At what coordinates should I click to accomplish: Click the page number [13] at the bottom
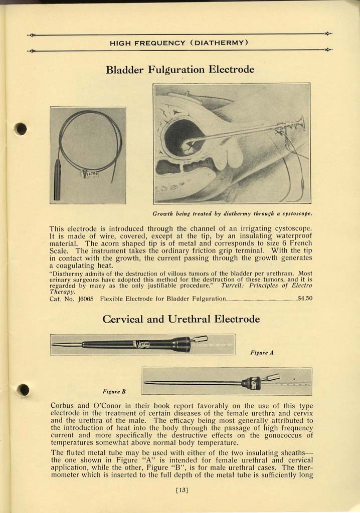click(x=182, y=490)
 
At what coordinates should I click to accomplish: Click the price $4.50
click(x=305, y=298)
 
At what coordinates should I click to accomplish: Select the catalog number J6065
click(x=84, y=298)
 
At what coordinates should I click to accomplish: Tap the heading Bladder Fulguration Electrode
click(x=180, y=69)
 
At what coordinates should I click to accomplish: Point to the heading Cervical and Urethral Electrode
click(x=181, y=319)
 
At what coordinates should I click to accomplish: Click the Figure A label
click(x=261, y=353)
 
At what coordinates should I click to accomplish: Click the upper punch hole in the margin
click(x=21, y=129)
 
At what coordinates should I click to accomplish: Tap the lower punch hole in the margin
click(x=23, y=389)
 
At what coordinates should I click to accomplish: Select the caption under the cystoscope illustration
click(x=232, y=214)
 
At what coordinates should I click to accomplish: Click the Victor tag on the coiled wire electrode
click(x=91, y=174)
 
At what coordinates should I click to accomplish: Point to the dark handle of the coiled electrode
click(x=57, y=180)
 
